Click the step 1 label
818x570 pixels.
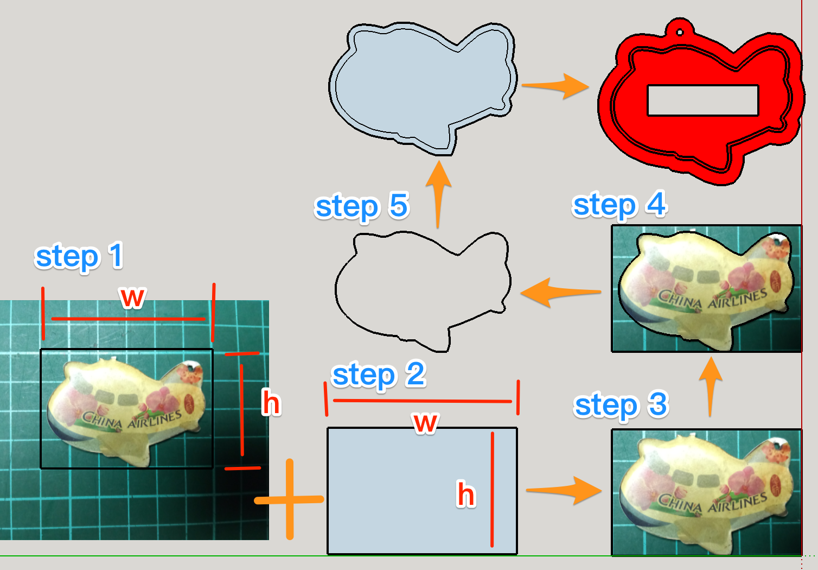coord(79,256)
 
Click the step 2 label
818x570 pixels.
coord(379,375)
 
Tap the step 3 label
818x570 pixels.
coord(621,405)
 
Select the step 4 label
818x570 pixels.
coord(619,205)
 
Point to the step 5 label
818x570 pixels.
coord(362,206)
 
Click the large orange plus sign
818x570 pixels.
coord(290,499)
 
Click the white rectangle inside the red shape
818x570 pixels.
coord(702,100)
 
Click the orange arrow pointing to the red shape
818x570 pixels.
coord(556,85)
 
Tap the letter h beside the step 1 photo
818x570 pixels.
coord(271,403)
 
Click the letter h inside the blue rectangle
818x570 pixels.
coord(466,495)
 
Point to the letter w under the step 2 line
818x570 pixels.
coord(425,422)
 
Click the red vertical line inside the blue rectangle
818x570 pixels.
coord(492,489)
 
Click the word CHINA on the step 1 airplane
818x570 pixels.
coord(102,420)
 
